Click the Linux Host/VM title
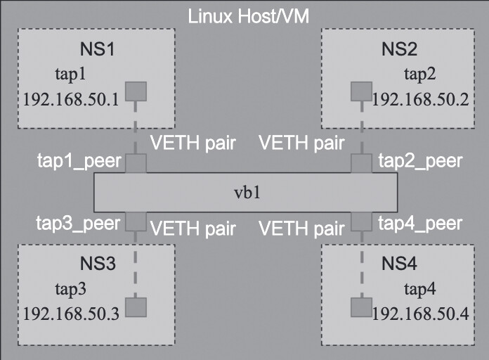(244, 15)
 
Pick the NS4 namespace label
(400, 265)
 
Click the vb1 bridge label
(245, 192)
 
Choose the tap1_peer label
(79, 162)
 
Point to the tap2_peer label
(420, 161)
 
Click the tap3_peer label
(79, 224)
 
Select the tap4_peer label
(420, 224)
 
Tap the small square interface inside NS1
(136, 91)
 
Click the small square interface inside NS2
(360, 91)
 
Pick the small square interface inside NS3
(136, 307)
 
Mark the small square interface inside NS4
(360, 307)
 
